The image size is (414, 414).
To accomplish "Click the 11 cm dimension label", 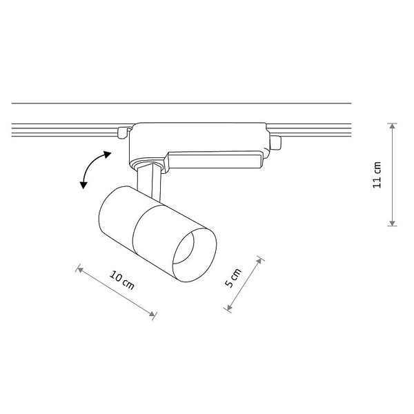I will click(x=377, y=175).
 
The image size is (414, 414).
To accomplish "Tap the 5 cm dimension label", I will click(x=235, y=278).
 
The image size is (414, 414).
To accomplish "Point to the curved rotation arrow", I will click(x=91, y=169).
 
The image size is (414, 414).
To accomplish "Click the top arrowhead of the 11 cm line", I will click(x=392, y=126).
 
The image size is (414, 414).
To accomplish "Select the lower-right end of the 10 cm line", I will click(x=153, y=317).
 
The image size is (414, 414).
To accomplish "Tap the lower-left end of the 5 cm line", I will click(x=228, y=310).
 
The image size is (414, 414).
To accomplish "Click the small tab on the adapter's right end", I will click(x=276, y=142).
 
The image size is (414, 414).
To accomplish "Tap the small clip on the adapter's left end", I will click(x=123, y=131).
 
